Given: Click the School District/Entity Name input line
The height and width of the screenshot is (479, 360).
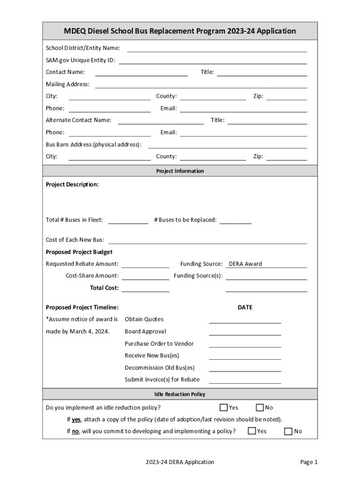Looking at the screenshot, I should (217, 48).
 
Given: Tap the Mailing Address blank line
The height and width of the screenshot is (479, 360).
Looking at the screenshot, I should (201, 84).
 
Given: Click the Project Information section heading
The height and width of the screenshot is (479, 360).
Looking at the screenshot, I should (180, 171).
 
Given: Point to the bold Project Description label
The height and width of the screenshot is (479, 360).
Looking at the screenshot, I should (72, 184).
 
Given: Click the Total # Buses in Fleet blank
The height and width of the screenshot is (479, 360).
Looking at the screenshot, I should (128, 220).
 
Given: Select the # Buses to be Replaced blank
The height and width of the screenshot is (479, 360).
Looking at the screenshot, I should (235, 220).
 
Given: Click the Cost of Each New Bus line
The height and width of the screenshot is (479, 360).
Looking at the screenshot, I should (208, 240).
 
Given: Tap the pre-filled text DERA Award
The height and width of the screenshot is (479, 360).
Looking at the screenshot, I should (245, 264).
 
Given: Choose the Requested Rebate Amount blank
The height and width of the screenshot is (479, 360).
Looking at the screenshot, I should (145, 264).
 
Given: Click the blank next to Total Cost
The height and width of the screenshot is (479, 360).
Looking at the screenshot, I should (145, 288).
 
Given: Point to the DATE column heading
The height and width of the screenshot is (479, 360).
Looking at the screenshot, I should (245, 307).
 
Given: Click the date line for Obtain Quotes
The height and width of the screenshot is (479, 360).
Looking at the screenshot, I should (245, 319).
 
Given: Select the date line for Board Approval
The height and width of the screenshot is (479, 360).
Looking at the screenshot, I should (245, 332).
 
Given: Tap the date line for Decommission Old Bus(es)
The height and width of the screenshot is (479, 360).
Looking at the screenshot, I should (245, 368).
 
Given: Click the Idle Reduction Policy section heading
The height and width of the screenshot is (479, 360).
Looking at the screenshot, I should (180, 394).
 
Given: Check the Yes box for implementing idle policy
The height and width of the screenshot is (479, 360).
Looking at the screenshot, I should (224, 407).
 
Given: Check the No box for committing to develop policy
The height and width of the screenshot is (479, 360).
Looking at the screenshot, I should (288, 431).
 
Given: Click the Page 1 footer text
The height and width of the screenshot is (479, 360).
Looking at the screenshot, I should (309, 462).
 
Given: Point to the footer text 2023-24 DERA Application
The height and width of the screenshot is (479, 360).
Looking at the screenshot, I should (180, 462).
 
